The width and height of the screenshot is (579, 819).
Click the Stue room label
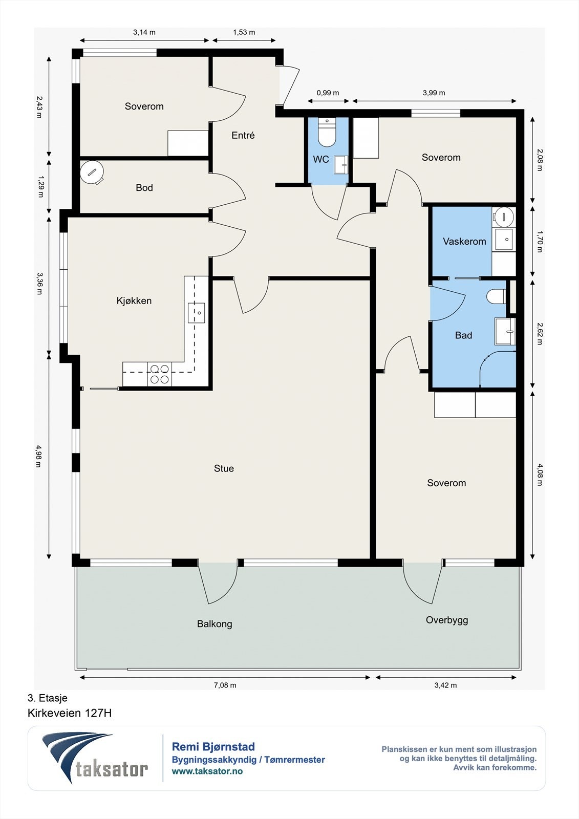point(224,468)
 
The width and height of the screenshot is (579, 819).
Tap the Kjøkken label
point(134,300)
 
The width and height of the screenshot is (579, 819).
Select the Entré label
point(243,135)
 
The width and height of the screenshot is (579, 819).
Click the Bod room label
point(144,187)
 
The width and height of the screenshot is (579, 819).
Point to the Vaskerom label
point(464,241)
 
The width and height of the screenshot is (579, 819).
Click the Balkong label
point(215,624)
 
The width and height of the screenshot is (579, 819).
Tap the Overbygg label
point(446,620)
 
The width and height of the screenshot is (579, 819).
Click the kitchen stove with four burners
point(160,374)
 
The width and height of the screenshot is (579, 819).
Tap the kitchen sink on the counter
point(197,313)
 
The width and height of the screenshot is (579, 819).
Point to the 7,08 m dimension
point(225,685)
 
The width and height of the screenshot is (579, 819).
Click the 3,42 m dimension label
point(445,685)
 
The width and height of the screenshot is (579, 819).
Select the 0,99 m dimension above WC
point(328,93)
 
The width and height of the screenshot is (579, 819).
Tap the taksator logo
point(95,758)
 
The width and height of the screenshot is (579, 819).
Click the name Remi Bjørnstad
point(213,747)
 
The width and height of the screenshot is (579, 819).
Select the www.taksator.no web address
point(207,771)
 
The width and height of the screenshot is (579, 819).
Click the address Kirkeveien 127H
point(70,713)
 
